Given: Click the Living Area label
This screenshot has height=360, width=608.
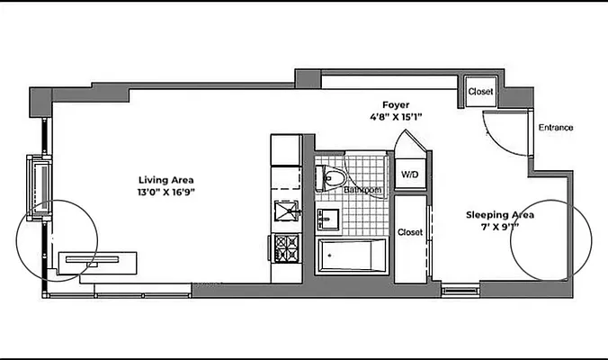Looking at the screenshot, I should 165,179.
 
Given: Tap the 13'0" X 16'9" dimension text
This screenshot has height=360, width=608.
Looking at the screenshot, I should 166,193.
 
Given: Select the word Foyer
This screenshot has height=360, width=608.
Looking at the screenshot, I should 396,104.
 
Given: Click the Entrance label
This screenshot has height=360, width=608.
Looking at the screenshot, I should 555,128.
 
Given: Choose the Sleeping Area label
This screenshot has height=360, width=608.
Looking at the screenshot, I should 500,215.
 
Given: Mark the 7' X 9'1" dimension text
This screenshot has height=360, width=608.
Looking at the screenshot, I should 500,229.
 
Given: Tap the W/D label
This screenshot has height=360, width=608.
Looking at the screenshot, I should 410,174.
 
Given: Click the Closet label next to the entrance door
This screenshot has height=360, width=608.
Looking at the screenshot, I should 480,92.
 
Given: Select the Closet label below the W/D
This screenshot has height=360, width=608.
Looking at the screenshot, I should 410,232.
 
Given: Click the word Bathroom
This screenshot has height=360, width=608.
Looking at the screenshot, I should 362,191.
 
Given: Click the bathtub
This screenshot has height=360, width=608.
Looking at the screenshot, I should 352,256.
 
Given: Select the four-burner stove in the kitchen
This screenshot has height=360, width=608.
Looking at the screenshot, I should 287,246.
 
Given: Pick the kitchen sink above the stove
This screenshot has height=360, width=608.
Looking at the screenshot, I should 287,211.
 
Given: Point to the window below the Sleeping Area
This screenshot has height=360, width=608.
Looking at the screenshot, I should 459,290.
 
